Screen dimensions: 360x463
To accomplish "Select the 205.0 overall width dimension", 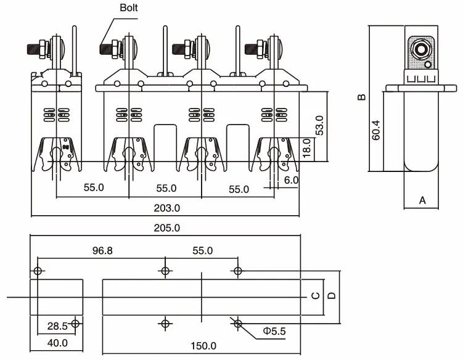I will (167, 227).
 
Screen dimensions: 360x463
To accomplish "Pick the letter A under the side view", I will (422, 200).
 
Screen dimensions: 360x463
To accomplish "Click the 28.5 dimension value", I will (59, 325).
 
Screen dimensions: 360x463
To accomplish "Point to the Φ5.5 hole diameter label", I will (274, 332).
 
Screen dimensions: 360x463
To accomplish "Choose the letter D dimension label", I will (331, 297).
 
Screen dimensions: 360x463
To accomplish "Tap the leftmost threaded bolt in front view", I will (35, 47).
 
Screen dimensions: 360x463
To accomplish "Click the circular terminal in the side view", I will (422, 50).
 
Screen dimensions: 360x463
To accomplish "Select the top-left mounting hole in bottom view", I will (38, 271).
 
